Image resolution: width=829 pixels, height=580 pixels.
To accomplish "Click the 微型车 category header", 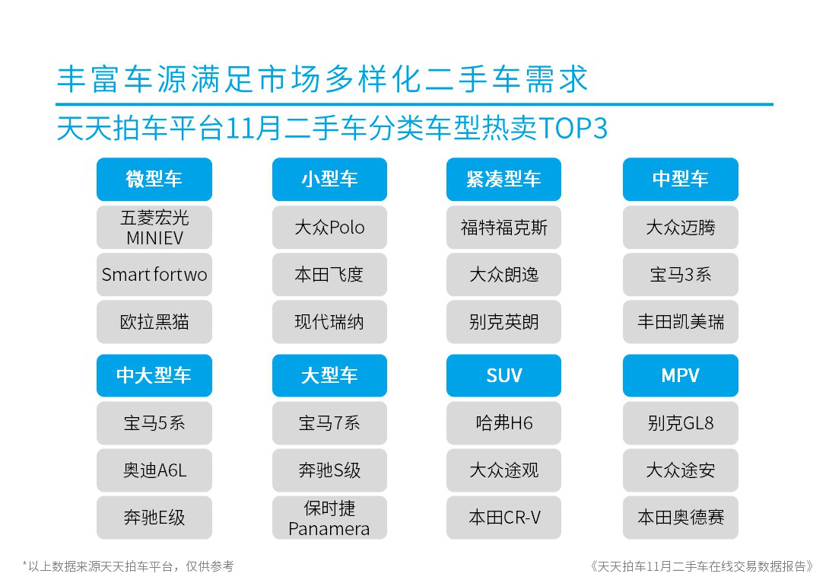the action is tap(154, 180).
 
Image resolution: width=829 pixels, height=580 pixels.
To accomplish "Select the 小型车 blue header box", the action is tap(329, 180).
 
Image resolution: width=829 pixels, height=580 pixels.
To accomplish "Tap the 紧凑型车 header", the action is tap(503, 180).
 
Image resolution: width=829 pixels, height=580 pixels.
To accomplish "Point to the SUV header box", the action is tap(503, 376).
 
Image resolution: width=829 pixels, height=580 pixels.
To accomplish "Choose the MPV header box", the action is tap(681, 376).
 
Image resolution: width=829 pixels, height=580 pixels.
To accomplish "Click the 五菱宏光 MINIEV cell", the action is tap(154, 228).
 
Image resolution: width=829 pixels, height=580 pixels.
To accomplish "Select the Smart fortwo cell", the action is tap(154, 275).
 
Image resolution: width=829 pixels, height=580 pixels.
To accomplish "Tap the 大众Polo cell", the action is tap(329, 228).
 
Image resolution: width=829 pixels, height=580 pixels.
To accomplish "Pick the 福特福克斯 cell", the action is tap(503, 228).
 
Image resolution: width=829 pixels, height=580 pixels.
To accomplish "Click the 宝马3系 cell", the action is tap(681, 275).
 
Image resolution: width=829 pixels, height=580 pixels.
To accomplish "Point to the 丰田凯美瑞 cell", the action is tap(681, 322).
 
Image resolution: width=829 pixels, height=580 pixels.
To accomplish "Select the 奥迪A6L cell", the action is tap(154, 470).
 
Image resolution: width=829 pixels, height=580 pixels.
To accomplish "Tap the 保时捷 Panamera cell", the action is tap(329, 518).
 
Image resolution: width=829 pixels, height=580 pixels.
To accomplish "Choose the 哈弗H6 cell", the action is tap(503, 423).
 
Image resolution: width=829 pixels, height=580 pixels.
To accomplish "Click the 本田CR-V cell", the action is tap(503, 518).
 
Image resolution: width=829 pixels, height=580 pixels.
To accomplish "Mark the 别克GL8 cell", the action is tap(681, 423).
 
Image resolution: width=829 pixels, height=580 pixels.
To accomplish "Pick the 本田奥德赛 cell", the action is tap(681, 518).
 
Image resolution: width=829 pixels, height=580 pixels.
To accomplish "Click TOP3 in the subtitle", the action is tap(573, 128).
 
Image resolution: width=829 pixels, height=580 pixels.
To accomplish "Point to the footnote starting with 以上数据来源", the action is tap(128, 566).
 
